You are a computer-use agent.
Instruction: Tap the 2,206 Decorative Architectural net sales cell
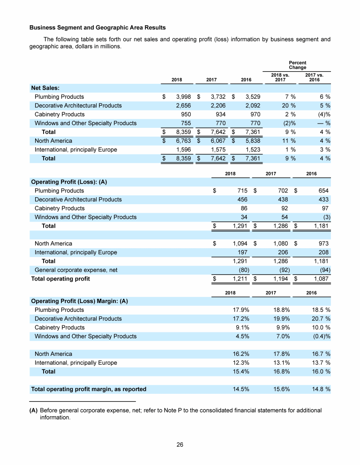pos(216,105)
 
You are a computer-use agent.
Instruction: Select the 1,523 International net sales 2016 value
pos(252,149)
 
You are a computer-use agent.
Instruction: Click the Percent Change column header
pos(297,65)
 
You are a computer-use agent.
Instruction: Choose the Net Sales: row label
pos(45,87)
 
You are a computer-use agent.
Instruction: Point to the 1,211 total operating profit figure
pos(240,279)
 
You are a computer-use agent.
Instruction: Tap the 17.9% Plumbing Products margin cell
pos(240,310)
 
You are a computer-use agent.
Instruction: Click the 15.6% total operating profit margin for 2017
pos(280,389)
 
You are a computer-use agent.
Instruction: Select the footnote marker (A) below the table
pos(34,411)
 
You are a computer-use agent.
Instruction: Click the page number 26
pos(180,445)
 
